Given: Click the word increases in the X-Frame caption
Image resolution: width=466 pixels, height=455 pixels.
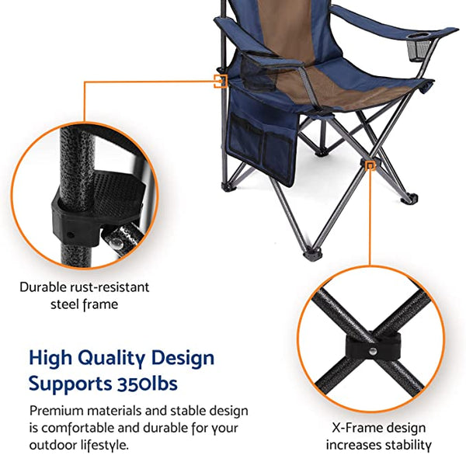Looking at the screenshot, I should click(x=356, y=445).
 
